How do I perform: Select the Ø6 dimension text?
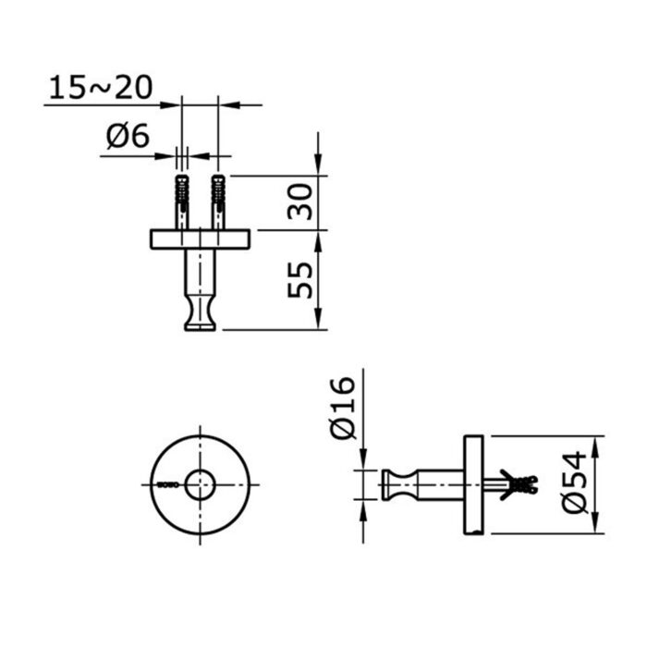[128, 137]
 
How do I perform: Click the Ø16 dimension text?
[342, 408]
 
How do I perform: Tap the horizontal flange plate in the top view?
[200, 239]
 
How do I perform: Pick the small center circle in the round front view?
[200, 484]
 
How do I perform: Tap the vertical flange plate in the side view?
[474, 484]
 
